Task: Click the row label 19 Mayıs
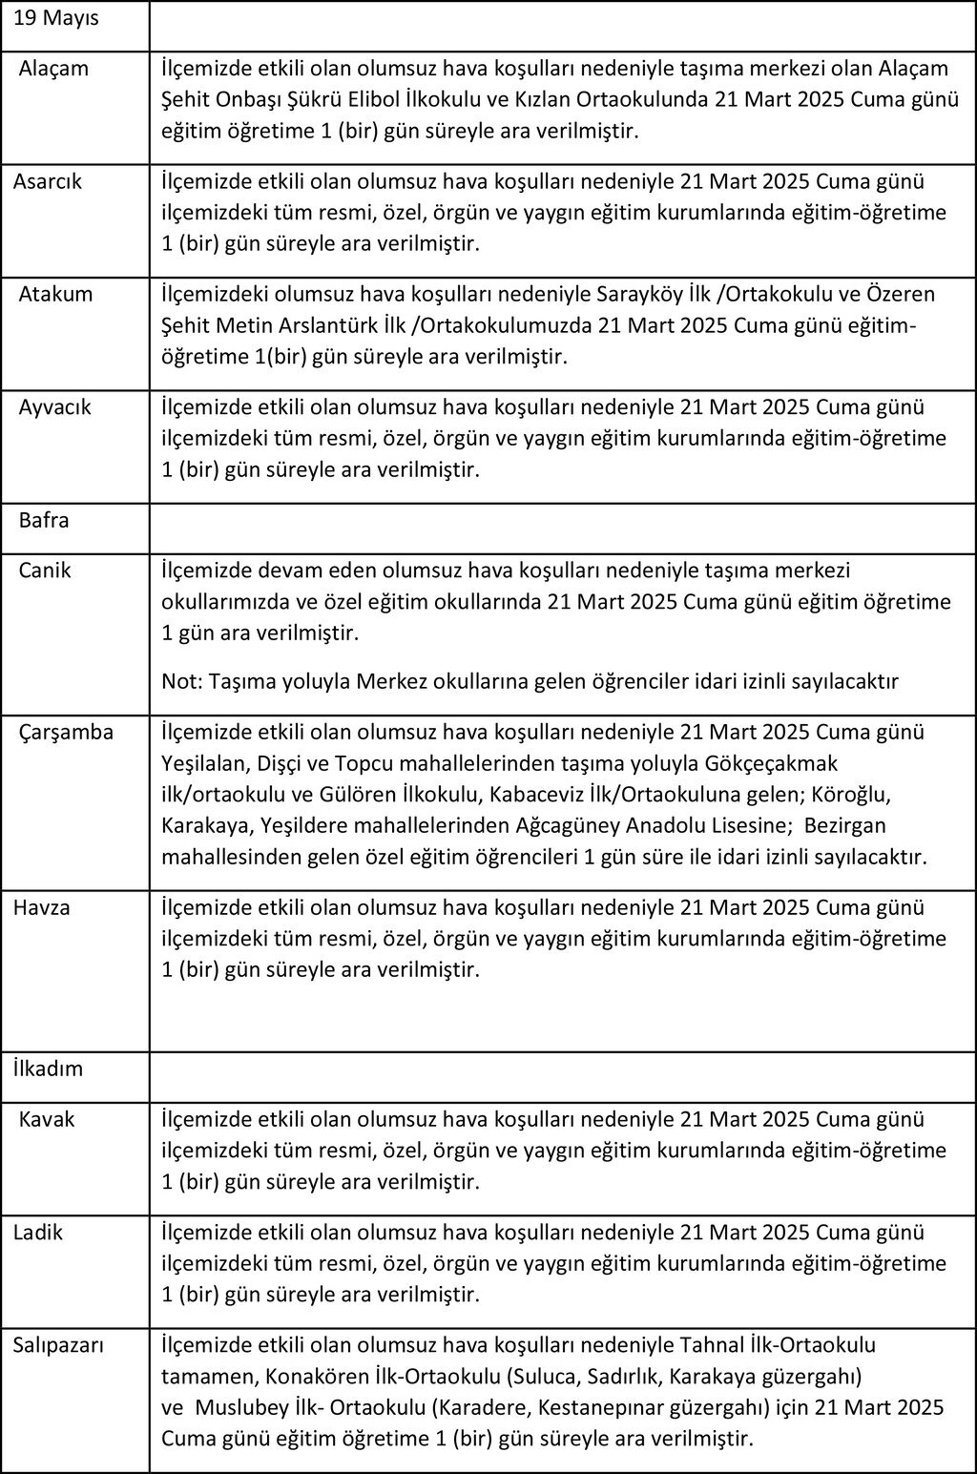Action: (56, 18)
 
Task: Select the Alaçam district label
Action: (53, 69)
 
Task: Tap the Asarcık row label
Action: (48, 181)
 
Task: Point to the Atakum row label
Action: (55, 294)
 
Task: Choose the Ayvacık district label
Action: (55, 407)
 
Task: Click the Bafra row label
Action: (44, 521)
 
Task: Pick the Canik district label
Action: (45, 571)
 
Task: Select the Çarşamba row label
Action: (66, 733)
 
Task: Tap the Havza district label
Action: (42, 907)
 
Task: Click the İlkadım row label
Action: (48, 1069)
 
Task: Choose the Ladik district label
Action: (38, 1232)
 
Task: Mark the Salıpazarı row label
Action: (58, 1345)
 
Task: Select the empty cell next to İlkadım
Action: (563, 1077)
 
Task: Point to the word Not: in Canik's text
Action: (180, 681)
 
